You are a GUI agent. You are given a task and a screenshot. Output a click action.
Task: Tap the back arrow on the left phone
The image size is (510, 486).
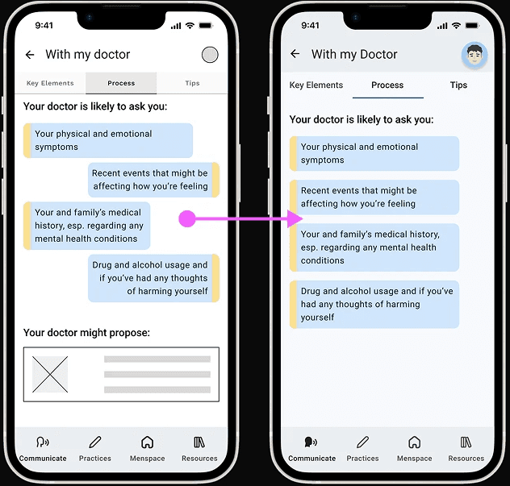tap(30, 55)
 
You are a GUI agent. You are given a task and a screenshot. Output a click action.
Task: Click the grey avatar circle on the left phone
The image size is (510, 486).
tap(210, 55)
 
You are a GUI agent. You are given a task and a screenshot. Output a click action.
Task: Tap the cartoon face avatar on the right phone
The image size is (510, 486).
tap(474, 55)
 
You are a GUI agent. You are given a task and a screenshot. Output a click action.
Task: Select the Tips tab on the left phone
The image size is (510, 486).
tap(192, 83)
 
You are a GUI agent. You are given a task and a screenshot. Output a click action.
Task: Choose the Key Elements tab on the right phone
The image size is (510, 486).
tap(316, 85)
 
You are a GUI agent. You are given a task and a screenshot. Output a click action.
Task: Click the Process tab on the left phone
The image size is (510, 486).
tap(121, 83)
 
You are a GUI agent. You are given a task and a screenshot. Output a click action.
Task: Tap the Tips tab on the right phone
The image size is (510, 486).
tap(458, 85)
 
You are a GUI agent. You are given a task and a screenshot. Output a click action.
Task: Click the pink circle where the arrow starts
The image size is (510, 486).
tap(187, 218)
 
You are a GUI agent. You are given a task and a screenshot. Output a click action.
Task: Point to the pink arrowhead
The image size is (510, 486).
tap(295, 218)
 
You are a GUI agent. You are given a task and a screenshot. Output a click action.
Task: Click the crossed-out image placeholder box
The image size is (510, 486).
tap(50, 374)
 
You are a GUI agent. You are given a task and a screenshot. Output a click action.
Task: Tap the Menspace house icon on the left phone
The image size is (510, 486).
tap(148, 442)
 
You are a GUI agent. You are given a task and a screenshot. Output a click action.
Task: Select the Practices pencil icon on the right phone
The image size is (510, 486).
tap(362, 442)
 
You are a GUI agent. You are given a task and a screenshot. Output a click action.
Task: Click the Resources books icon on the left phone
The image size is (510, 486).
tap(199, 442)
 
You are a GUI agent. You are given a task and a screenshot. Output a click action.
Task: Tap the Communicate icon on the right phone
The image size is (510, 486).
tap(311, 442)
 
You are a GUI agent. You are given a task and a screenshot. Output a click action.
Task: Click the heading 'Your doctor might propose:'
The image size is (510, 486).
tap(86, 333)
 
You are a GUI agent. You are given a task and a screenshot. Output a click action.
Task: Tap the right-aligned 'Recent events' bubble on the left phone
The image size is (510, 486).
tap(153, 180)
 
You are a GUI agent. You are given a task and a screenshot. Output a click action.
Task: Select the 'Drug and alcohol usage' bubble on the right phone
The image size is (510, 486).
tap(374, 305)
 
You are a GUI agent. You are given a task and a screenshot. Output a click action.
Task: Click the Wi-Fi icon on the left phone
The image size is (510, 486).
tap(190, 25)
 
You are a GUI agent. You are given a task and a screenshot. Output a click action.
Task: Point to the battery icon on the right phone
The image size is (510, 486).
tap(472, 25)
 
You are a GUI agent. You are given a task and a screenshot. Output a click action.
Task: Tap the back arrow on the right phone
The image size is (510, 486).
tap(295, 54)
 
